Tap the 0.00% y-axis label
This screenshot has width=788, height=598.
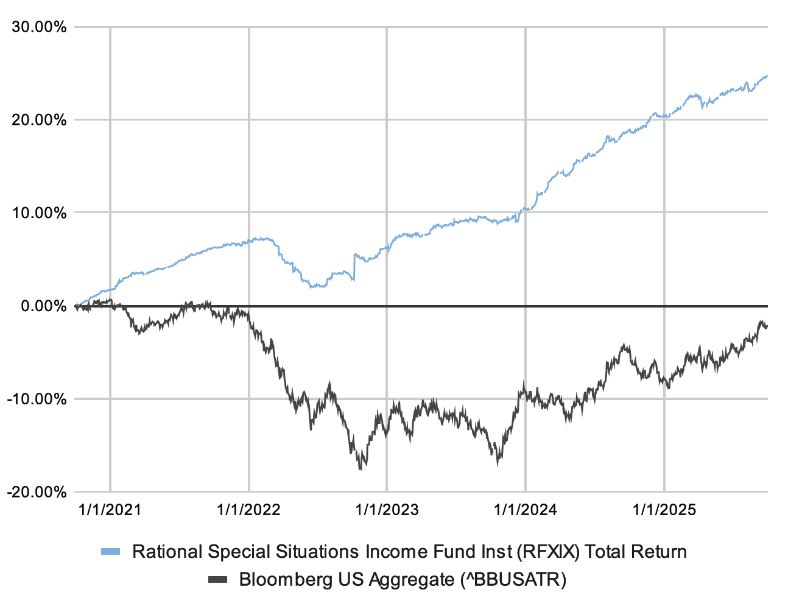point(43,306)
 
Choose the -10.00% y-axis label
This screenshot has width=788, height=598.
point(37,399)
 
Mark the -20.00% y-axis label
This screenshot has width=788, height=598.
point(37,492)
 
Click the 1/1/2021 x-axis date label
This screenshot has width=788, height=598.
point(110,510)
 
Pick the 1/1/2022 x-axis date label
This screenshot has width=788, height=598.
point(248,510)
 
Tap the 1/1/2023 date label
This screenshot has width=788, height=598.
point(387,510)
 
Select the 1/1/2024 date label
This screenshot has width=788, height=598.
point(525,510)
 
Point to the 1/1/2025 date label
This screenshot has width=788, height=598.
point(664,510)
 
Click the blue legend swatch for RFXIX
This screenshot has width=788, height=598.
point(111,552)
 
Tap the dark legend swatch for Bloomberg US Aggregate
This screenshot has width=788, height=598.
point(217,579)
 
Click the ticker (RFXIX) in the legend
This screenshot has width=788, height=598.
point(548,552)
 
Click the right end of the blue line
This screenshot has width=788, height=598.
point(767,76)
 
